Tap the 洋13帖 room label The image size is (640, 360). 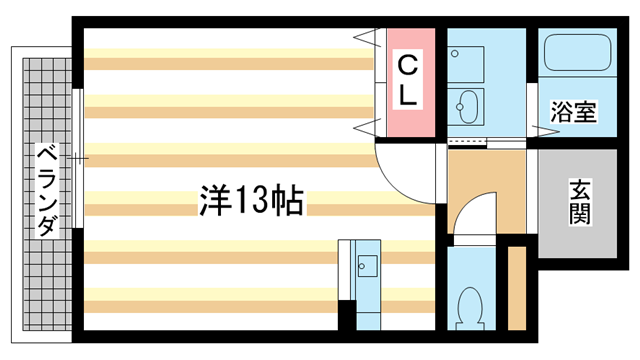pos(251,201)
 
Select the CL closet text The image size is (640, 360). pos(409,79)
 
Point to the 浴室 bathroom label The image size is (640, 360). pos(574,112)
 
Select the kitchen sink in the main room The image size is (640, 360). pos(365,265)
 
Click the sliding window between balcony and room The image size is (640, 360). pos(77,160)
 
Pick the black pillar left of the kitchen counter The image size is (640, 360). pos(346,316)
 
